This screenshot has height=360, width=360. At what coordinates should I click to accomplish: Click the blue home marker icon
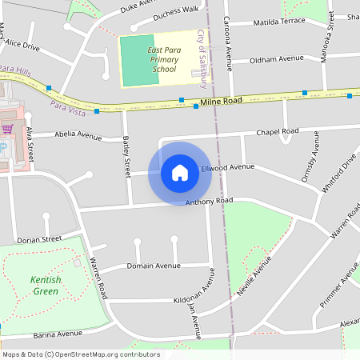[x=180, y=173]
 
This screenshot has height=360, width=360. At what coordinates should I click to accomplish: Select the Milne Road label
[x=221, y=102]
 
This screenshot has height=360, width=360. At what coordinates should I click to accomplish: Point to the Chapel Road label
[x=277, y=131]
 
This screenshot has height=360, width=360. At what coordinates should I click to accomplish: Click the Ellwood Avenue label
[x=227, y=167]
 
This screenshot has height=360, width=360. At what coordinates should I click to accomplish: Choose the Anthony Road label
[x=209, y=201]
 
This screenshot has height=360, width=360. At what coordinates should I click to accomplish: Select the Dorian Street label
[x=39, y=239]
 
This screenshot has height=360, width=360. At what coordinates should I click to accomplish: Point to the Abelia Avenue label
[x=78, y=136]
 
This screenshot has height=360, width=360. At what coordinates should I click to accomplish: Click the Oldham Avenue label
[x=277, y=59]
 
